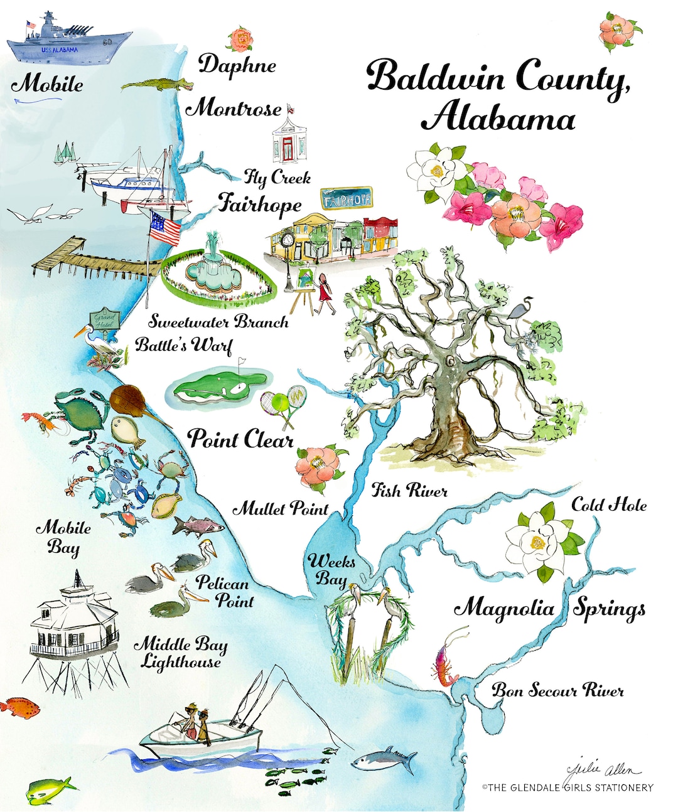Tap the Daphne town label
(x=238, y=65)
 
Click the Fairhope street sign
(x=346, y=199)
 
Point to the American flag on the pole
(x=164, y=228)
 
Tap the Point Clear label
(x=240, y=439)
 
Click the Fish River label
(x=409, y=490)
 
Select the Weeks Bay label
(x=331, y=569)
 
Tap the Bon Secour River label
(x=557, y=691)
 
